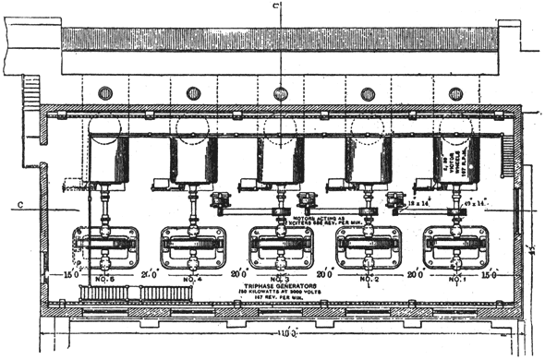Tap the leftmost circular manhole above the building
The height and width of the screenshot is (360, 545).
pyautogui.click(x=105, y=92)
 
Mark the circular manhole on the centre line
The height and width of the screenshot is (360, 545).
pyautogui.click(x=281, y=92)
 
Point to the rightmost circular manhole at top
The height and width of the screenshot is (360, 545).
pyautogui.click(x=455, y=92)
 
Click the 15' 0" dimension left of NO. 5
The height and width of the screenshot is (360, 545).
pyautogui.click(x=67, y=275)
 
